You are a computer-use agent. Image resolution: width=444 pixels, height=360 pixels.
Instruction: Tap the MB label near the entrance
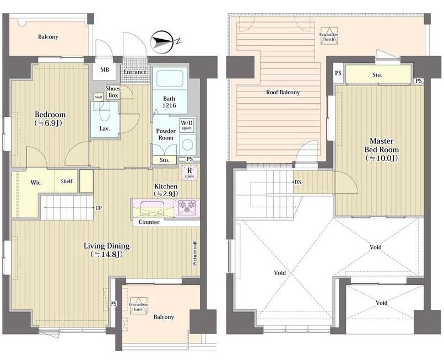click(x=105, y=69)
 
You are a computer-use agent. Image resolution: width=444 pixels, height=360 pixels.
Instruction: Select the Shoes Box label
click(x=113, y=92)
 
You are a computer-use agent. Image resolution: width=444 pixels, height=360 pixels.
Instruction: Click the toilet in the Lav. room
click(x=104, y=111)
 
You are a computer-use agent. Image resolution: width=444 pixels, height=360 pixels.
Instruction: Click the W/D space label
click(x=187, y=125)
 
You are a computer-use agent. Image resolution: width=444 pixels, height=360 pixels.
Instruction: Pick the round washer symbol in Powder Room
click(x=187, y=145)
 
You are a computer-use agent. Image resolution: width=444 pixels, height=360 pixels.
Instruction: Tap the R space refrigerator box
click(x=189, y=173)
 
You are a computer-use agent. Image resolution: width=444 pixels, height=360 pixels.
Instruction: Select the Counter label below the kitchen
click(x=149, y=222)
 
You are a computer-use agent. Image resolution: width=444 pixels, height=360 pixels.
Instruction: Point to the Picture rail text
click(x=195, y=254)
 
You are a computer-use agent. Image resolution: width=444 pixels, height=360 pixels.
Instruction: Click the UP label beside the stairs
click(x=98, y=208)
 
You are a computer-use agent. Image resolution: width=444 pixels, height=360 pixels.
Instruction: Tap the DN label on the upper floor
click(x=298, y=182)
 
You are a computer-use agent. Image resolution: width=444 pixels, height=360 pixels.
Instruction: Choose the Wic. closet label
click(x=36, y=182)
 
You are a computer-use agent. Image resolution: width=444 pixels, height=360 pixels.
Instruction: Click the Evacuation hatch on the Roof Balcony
click(x=329, y=36)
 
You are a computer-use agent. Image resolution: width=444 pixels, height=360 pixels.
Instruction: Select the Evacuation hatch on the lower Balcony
click(x=138, y=306)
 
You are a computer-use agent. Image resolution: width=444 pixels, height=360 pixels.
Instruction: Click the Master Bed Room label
click(x=381, y=149)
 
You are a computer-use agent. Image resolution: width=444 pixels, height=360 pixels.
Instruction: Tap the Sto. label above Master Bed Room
click(x=377, y=75)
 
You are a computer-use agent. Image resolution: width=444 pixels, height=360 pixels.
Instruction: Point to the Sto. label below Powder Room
click(x=164, y=160)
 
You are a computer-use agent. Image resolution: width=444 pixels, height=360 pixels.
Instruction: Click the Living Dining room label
click(x=106, y=250)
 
